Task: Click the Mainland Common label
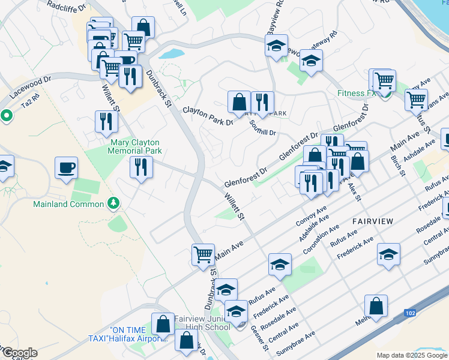point(68,204)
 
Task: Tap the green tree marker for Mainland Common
point(112,203)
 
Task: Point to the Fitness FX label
point(356,93)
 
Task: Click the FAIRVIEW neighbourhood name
point(373,221)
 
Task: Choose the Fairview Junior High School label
point(202,323)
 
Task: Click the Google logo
point(19,353)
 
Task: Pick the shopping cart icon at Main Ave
point(203,254)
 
